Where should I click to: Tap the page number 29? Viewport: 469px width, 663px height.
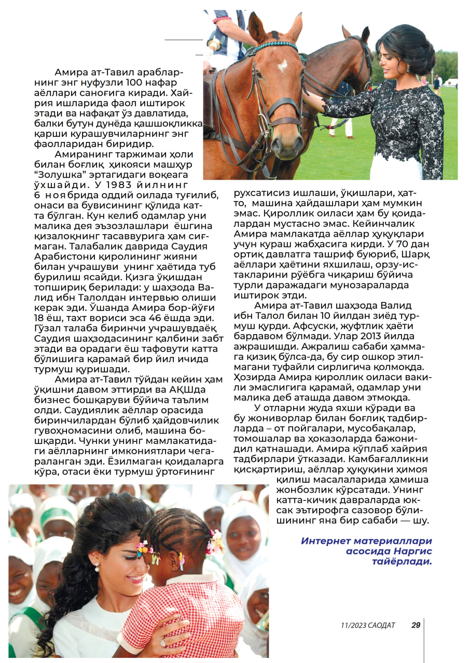(x=416, y=625)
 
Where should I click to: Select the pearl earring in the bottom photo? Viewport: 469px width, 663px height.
(x=96, y=567)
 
